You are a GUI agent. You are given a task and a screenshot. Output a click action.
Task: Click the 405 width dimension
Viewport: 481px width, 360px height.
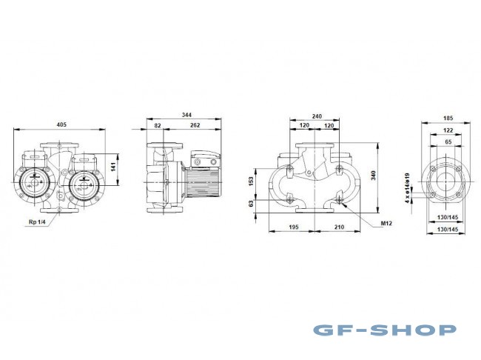tap(61, 124)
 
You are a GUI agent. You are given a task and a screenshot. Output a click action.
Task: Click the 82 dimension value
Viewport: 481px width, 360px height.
tap(158, 126)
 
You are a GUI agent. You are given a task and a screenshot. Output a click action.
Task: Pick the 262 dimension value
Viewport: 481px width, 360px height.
tap(194, 126)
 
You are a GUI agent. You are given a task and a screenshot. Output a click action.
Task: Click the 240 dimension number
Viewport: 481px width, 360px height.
tap(317, 116)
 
